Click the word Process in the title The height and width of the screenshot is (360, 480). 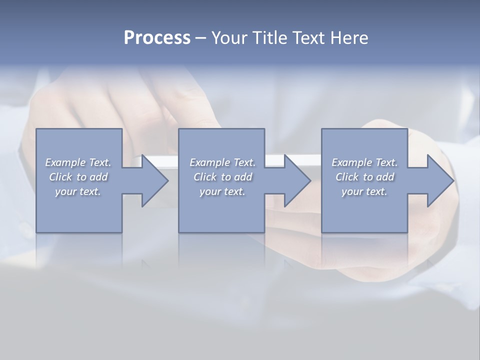pos(157,38)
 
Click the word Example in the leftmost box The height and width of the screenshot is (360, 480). pos(65,162)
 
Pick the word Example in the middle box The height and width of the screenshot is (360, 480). pos(209,162)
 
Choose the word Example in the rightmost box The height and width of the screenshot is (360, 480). pos(351,162)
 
